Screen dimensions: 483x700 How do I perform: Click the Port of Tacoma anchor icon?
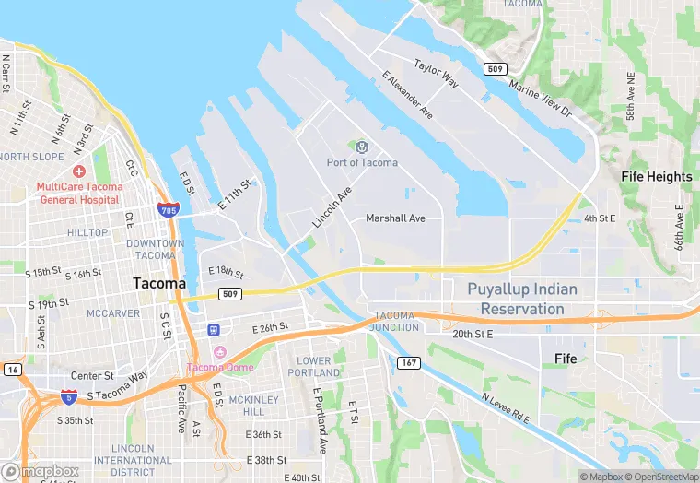point(362,147)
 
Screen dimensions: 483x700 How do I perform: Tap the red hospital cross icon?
point(79,172)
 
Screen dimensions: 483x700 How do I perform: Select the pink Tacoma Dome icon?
point(219,352)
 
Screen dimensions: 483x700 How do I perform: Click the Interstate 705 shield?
point(168,210)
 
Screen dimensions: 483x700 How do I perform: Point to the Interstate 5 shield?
point(69,396)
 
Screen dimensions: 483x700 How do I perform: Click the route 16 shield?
point(11,369)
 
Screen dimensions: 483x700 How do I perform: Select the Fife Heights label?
point(656,176)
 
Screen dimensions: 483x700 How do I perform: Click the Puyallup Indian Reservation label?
point(522,299)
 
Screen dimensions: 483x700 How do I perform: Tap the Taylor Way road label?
point(436,74)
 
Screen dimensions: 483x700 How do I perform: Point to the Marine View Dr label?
point(541,97)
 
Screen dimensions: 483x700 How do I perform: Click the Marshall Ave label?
point(395,218)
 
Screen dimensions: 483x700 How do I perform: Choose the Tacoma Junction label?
point(395,321)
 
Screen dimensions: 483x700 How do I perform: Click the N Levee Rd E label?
point(506,408)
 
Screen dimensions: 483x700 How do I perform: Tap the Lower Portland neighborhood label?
point(314,367)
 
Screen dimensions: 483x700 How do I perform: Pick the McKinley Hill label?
point(247,406)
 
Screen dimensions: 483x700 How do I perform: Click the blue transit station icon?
point(214,329)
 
